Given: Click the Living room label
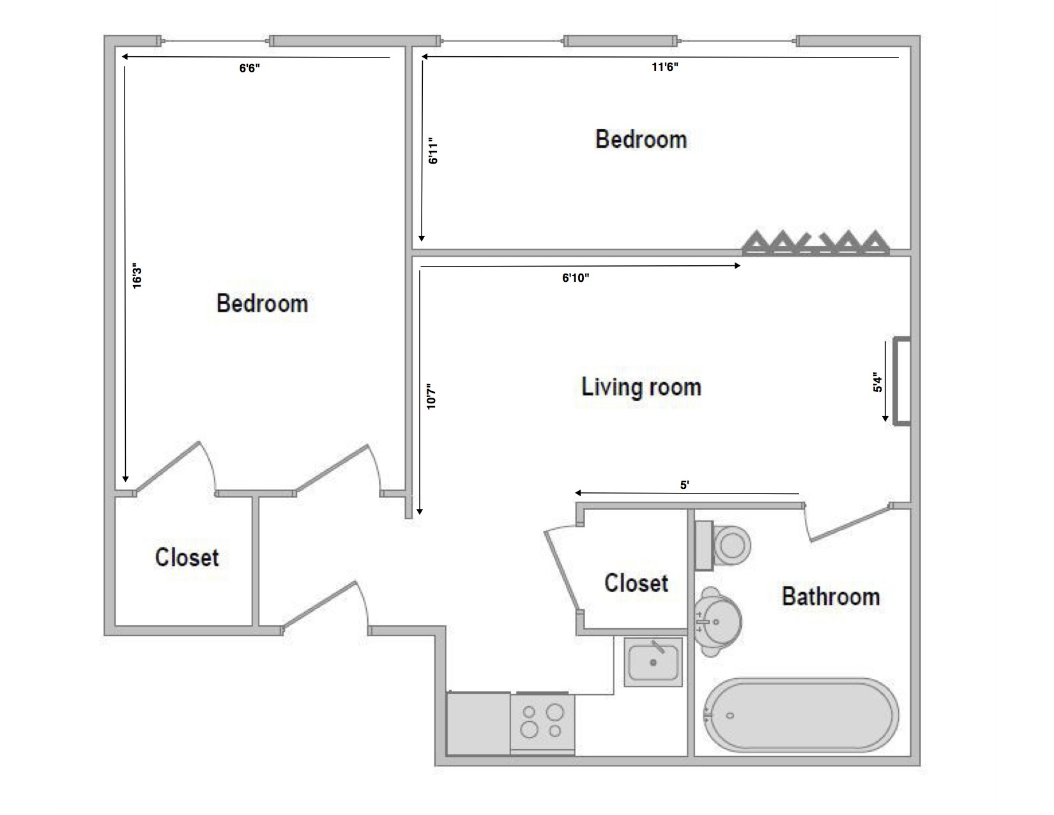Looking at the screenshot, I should (x=641, y=387).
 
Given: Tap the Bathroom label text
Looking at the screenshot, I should (x=830, y=596).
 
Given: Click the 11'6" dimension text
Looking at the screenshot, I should (x=664, y=67).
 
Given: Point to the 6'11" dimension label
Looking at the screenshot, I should (x=433, y=151).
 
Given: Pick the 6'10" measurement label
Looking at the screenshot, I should (x=576, y=277).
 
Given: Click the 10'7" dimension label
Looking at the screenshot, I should (x=431, y=396).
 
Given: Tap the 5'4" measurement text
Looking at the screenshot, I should (x=878, y=383).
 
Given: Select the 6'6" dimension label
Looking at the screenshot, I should (x=250, y=68).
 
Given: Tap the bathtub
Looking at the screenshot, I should (x=801, y=714).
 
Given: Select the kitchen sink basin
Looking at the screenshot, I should (x=653, y=662).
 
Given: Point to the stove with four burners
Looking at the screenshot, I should (x=542, y=722).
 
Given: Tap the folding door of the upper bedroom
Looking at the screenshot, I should (x=816, y=244).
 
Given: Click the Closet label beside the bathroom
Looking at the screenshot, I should (x=636, y=583).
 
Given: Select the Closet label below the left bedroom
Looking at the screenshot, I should (x=187, y=557).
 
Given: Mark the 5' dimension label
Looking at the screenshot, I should (x=684, y=485).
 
